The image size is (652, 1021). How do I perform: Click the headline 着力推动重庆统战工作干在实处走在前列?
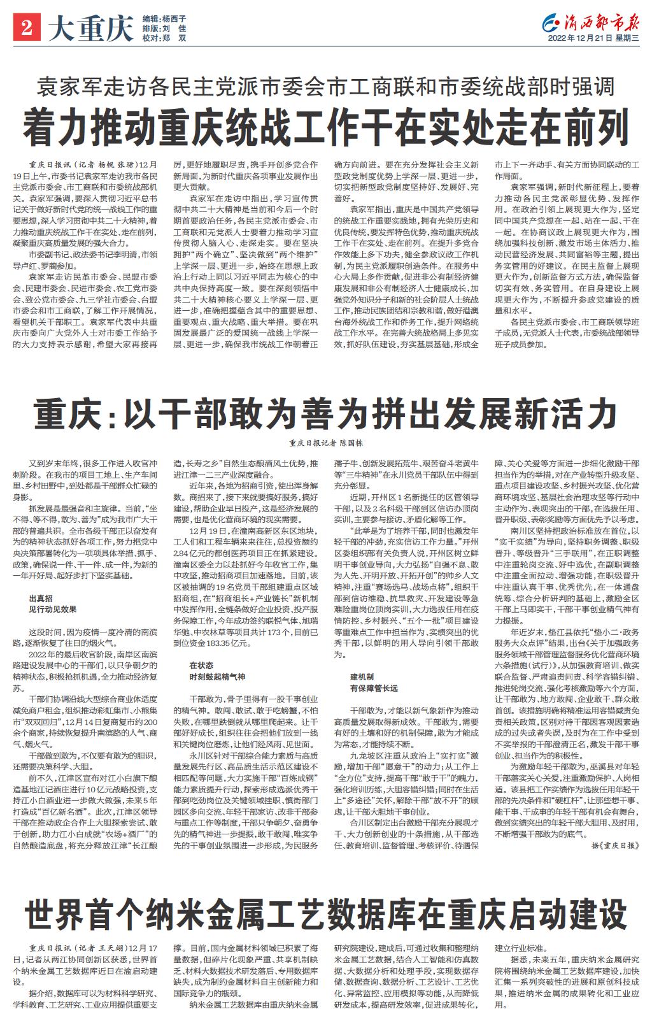[x=326, y=126]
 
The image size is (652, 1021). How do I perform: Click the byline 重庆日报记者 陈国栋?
[x=326, y=441]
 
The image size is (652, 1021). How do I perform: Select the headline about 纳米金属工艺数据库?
[x=326, y=915]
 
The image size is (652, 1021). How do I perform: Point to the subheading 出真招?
[x=41, y=599]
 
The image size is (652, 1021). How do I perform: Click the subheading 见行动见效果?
[x=52, y=609]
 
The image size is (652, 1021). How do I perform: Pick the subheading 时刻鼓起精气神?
[x=217, y=675]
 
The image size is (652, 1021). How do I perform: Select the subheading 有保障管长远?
[x=374, y=687]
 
